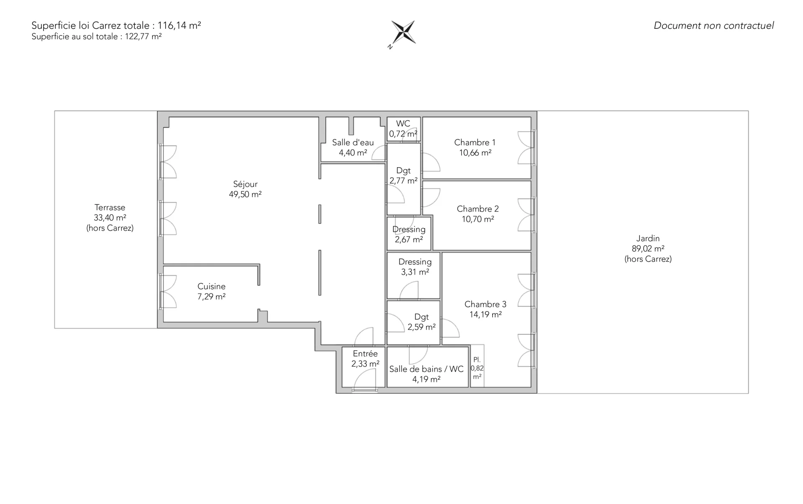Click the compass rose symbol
[403, 33]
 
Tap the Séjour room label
[245, 184]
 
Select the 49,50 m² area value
[245, 194]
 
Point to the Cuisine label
[211, 286]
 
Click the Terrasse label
[110, 207]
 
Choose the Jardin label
[648, 238]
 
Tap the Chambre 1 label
[475, 143]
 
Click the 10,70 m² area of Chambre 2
[478, 219]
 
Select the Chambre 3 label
[485, 304]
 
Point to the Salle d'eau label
[353, 143]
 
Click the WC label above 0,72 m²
[403, 124]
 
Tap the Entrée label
[365, 354]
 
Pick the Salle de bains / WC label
[426, 369]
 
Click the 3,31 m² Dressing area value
[415, 272]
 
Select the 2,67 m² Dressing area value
[409, 239]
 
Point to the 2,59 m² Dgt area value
[422, 327]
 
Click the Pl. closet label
[477, 360]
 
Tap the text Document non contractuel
[713, 25]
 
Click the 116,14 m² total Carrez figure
[179, 25]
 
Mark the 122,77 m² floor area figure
[143, 36]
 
